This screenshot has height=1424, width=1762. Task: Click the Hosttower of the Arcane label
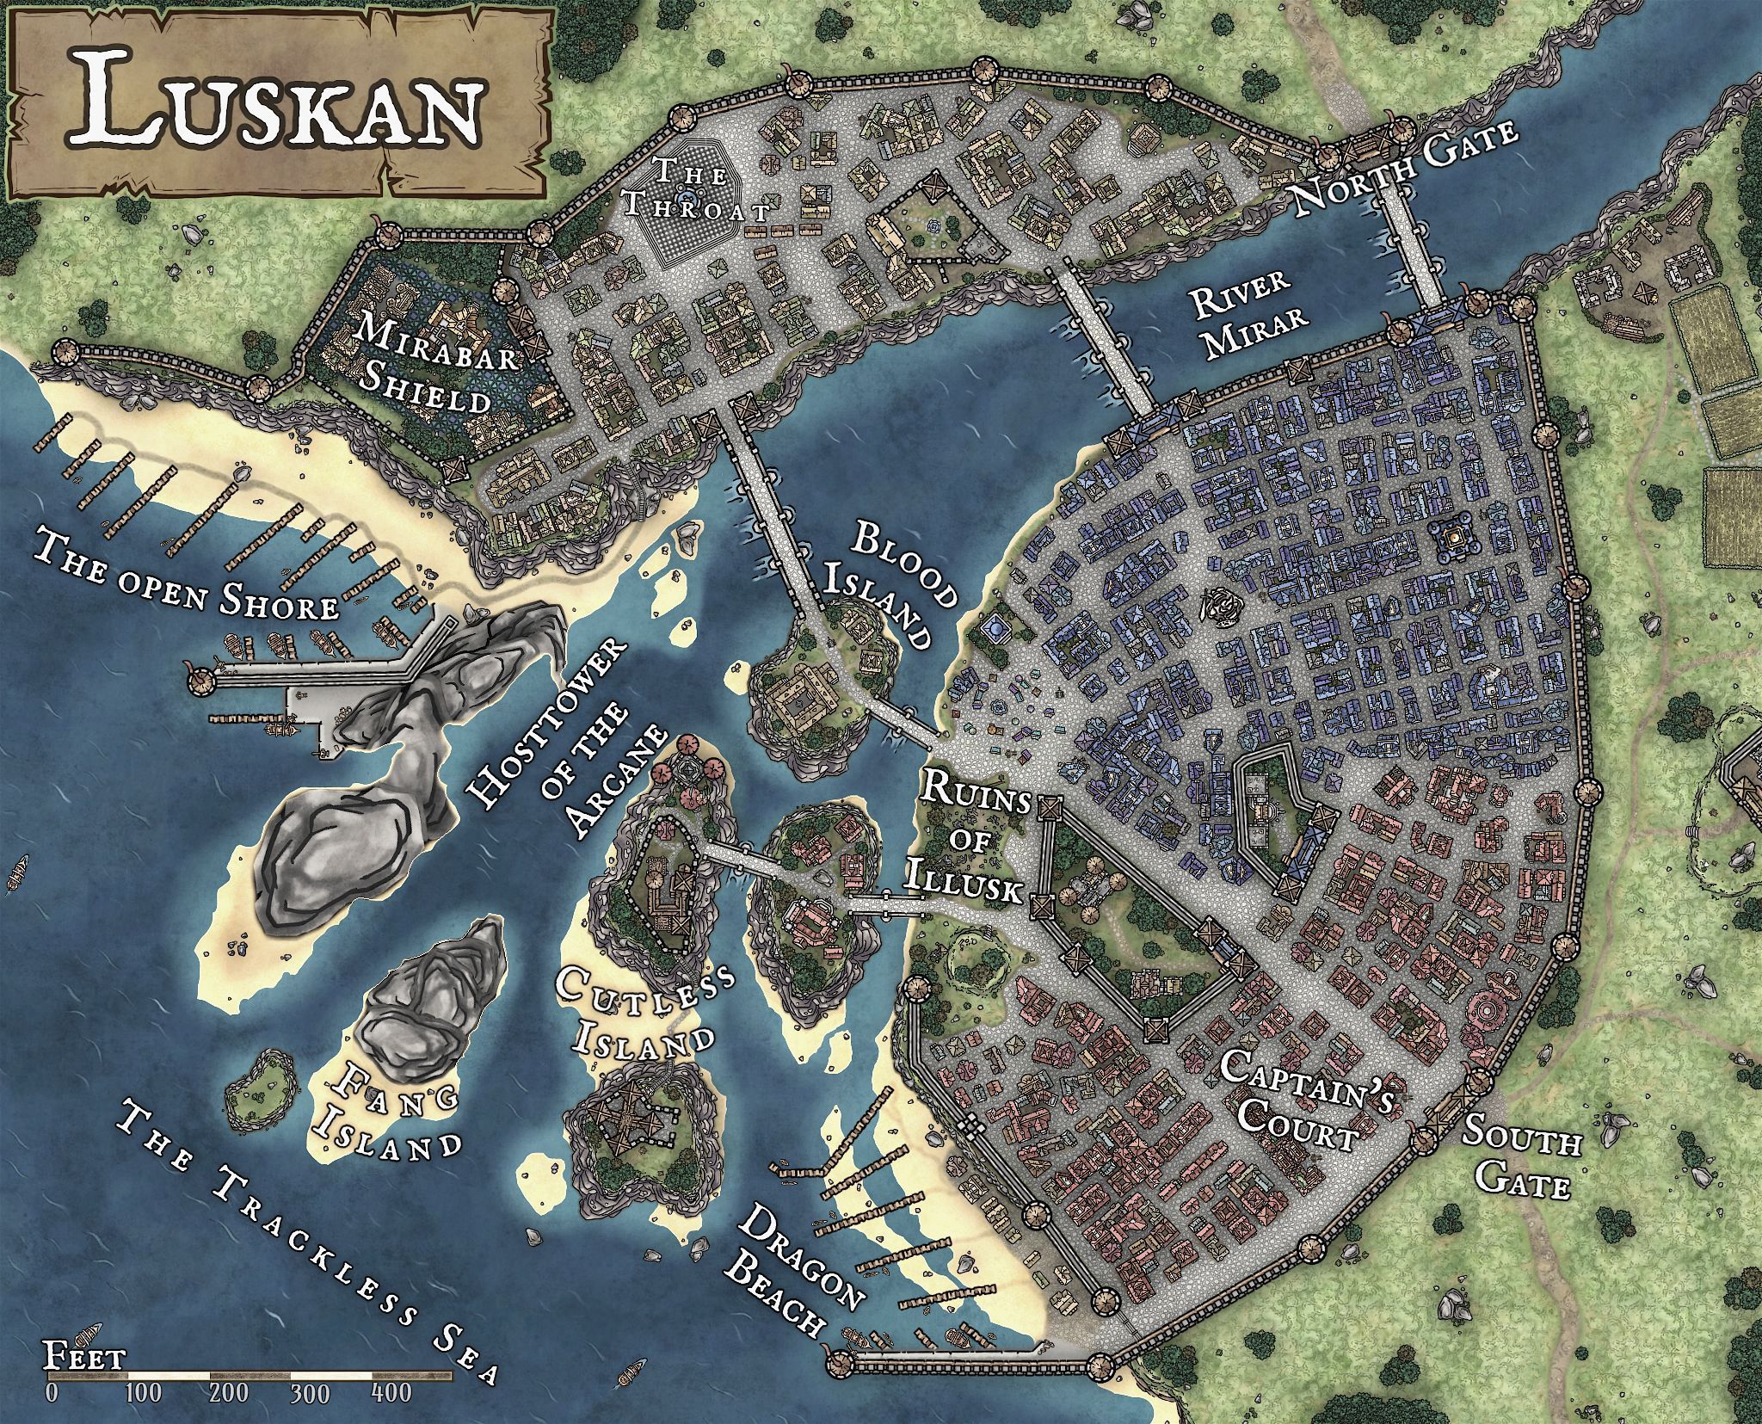[x=568, y=757]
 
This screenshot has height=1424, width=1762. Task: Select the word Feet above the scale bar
[x=84, y=1359]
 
